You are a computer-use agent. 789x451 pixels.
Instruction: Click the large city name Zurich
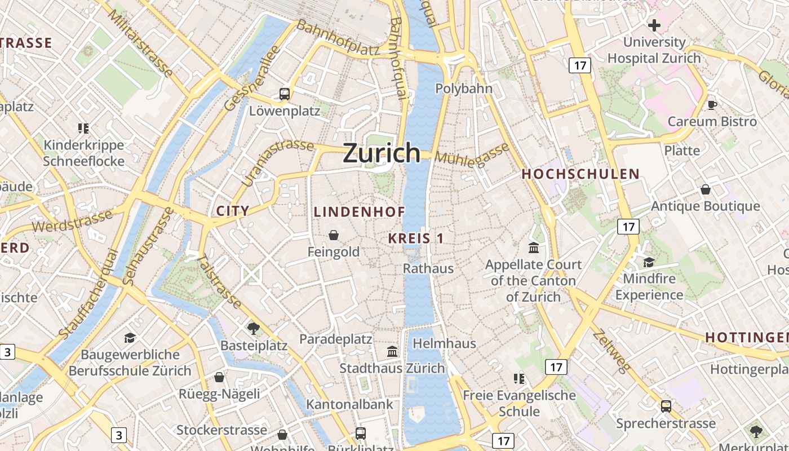[x=382, y=153]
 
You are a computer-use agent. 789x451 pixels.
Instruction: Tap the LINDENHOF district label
[x=359, y=212]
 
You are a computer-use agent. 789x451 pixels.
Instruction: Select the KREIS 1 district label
[x=416, y=238]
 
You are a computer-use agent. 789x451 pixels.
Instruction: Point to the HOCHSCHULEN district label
[x=580, y=174]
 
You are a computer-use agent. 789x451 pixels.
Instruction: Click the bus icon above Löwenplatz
[x=285, y=94]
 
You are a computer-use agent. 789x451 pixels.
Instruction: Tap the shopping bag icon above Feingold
[x=334, y=235]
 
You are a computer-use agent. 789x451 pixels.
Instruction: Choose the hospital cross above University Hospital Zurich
[x=654, y=25]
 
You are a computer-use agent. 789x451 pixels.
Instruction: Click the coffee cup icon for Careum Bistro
[x=712, y=105]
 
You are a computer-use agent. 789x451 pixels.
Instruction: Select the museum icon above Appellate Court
[x=533, y=247]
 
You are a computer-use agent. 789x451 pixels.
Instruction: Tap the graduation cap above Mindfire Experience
[x=649, y=262]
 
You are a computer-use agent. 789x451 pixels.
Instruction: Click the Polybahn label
[x=464, y=89]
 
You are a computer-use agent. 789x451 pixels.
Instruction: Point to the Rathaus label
[x=428, y=268]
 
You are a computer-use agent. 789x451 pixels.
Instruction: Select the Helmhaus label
[x=444, y=343]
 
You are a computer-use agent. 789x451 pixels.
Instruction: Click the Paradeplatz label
[x=335, y=339]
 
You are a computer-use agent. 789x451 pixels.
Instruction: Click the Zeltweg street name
[x=612, y=351]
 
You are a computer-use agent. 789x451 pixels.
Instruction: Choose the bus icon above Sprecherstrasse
[x=666, y=406]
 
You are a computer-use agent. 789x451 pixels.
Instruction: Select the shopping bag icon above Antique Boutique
[x=705, y=189]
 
